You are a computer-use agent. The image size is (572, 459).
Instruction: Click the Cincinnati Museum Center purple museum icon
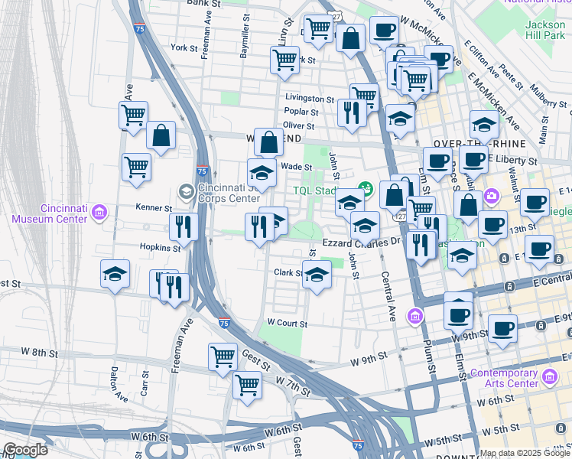(x=99, y=211)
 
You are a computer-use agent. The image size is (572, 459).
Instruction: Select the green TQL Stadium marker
(x=366, y=187)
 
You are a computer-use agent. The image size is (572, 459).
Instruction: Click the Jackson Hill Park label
(x=545, y=29)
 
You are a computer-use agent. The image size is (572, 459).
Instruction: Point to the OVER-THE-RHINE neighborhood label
(x=469, y=143)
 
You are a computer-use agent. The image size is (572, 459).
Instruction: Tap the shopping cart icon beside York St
(x=284, y=60)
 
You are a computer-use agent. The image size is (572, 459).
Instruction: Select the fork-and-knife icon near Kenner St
(x=184, y=226)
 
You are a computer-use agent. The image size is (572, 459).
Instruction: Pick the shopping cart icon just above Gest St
(x=223, y=356)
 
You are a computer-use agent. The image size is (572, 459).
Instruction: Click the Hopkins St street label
(x=159, y=247)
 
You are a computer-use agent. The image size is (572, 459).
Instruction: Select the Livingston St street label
(x=310, y=99)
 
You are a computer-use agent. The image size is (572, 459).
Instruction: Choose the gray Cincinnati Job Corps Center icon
(x=185, y=190)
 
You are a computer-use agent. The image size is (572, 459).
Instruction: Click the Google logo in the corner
(x=24, y=450)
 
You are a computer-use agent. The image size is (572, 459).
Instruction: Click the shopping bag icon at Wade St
(x=268, y=142)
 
